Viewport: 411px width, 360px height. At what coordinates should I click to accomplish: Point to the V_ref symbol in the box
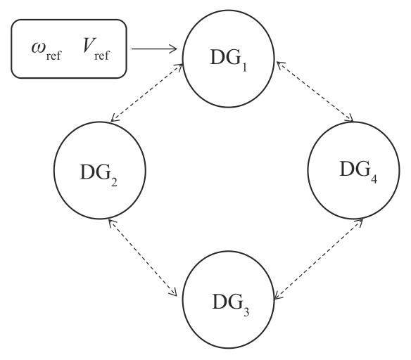click(96, 49)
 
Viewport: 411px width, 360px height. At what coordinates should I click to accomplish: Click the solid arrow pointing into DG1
click(154, 49)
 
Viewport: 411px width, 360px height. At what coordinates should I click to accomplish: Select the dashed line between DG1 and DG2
click(147, 93)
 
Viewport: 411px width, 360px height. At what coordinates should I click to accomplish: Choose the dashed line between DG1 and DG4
click(315, 91)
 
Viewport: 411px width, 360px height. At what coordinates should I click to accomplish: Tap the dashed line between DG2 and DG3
click(143, 258)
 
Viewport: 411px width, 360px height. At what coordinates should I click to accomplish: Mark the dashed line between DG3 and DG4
click(319, 259)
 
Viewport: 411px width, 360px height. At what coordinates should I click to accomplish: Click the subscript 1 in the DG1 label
click(244, 67)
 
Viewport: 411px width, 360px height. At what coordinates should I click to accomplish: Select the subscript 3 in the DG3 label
click(246, 311)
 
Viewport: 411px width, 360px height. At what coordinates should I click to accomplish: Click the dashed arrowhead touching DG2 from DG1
click(115, 118)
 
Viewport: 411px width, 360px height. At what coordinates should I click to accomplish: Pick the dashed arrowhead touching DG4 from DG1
click(349, 118)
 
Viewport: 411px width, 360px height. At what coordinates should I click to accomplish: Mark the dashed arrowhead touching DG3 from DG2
click(173, 292)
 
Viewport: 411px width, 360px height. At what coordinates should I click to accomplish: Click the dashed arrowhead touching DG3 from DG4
click(279, 295)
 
